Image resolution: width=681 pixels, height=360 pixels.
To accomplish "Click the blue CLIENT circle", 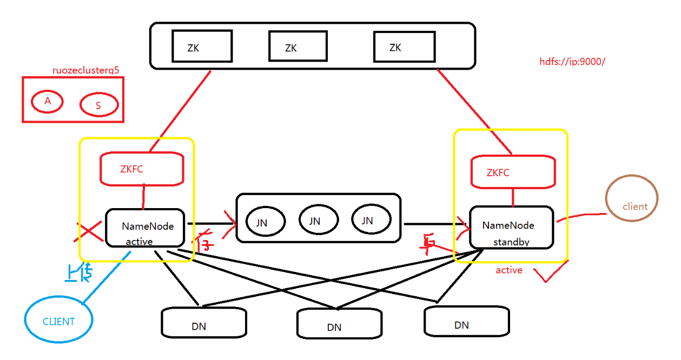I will [58, 321].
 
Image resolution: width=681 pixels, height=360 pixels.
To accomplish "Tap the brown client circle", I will [632, 199].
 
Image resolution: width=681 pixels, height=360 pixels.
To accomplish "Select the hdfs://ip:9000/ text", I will [572, 62].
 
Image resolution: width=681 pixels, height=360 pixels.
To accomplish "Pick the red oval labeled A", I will [47, 101].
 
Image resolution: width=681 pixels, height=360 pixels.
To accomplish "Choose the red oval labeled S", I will [98, 105].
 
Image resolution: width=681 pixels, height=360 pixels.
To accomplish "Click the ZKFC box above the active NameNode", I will [142, 169].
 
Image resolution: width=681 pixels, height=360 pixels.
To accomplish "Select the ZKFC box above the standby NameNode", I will [513, 172].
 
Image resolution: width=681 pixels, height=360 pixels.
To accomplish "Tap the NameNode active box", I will [145, 228].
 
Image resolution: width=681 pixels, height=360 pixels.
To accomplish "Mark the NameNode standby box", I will [511, 227].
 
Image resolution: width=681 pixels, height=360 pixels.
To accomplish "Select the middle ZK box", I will [297, 46].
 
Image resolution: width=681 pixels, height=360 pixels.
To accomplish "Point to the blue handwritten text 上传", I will [77, 274].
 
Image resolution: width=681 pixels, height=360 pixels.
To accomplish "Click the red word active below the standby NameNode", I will [508, 270].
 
